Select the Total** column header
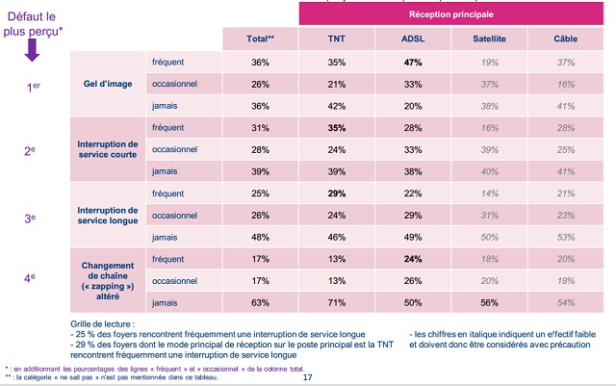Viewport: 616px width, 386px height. pyautogui.click(x=260, y=39)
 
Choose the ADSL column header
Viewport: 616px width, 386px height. pyautogui.click(x=414, y=39)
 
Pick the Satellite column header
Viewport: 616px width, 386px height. pyautogui.click(x=489, y=39)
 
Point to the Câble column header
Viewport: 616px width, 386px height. pyautogui.click(x=566, y=39)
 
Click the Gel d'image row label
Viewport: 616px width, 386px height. pyautogui.click(x=109, y=84)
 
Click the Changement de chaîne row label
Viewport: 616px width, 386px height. pyautogui.click(x=109, y=279)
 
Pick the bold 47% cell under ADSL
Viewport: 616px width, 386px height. pyautogui.click(x=414, y=63)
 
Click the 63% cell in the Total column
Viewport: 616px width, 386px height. pyautogui.click(x=260, y=302)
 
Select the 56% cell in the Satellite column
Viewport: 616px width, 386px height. pyautogui.click(x=489, y=302)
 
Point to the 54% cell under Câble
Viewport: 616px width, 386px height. pyautogui.click(x=566, y=302)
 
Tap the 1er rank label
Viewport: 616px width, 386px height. pyautogui.click(x=34, y=86)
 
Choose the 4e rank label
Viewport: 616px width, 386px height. pyautogui.click(x=34, y=279)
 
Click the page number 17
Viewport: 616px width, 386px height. pyautogui.click(x=308, y=376)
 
